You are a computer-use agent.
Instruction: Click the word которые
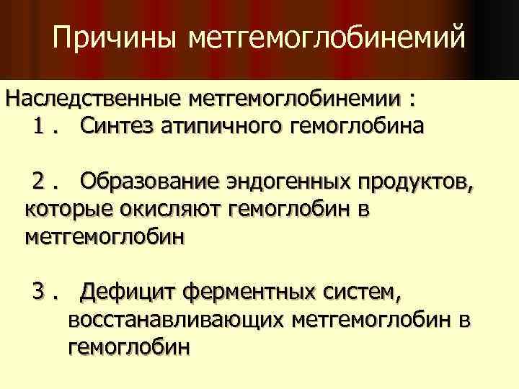pyautogui.click(x=68, y=209)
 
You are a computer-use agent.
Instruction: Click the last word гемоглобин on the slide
pyautogui.click(x=128, y=346)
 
